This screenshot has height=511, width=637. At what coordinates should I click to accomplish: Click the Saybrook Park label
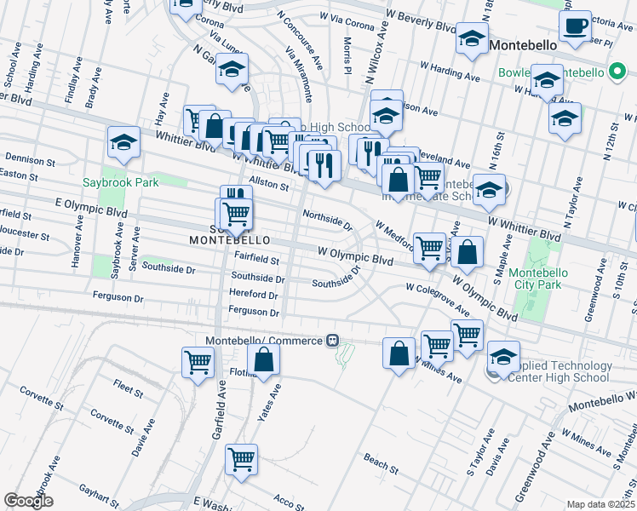pos(121,182)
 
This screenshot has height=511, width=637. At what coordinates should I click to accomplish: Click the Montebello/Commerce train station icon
pos(333,341)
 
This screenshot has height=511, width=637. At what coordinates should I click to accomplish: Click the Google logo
pos(28,501)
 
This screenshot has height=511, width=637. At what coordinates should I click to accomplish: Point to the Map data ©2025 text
pos(600,504)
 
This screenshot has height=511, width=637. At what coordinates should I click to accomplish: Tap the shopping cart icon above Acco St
pos(241,459)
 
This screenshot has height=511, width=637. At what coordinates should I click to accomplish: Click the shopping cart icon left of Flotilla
pos(198,361)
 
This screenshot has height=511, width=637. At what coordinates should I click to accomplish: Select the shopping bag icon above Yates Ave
pos(265,362)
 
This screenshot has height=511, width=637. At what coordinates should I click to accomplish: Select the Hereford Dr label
pos(254,295)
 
